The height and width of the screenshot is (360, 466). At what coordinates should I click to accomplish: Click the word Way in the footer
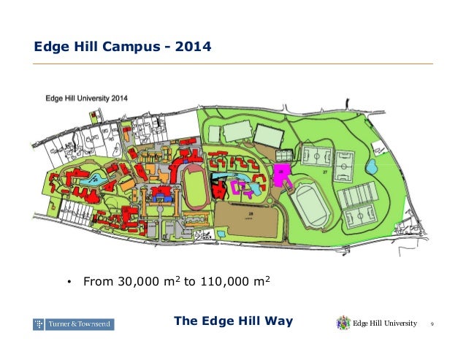point(278,323)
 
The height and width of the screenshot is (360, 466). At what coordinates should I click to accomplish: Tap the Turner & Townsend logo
point(73,323)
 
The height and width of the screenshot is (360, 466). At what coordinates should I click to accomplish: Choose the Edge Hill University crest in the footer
point(343,323)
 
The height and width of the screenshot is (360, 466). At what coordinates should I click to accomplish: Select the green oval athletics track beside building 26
point(310,204)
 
